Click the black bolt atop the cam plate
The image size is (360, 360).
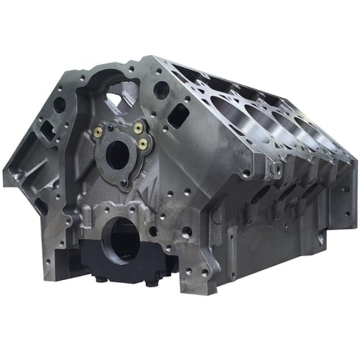tap(111, 127)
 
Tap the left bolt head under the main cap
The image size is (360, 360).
tap(101, 279)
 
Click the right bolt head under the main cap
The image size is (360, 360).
tap(148, 283)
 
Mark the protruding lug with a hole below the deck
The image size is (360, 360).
tap(271, 169)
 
